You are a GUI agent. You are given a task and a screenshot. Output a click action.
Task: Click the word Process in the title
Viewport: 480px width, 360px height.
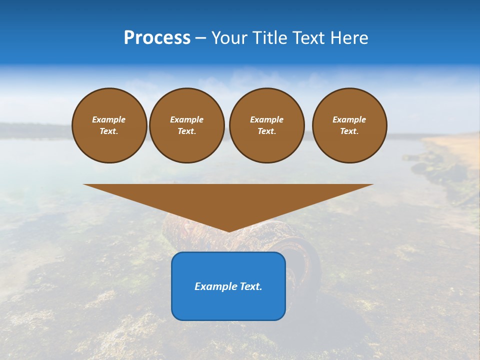tap(157, 38)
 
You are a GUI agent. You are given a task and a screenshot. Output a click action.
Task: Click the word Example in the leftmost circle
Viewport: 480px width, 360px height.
tap(109, 119)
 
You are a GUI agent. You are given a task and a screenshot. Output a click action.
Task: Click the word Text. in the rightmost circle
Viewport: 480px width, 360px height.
tap(349, 131)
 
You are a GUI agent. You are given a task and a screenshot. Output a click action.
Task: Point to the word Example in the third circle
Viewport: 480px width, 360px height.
tap(266, 119)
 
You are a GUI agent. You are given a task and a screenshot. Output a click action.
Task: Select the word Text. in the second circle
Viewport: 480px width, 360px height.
tap(186, 131)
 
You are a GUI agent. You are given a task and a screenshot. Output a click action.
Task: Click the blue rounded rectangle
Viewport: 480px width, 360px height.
tap(228, 305)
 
